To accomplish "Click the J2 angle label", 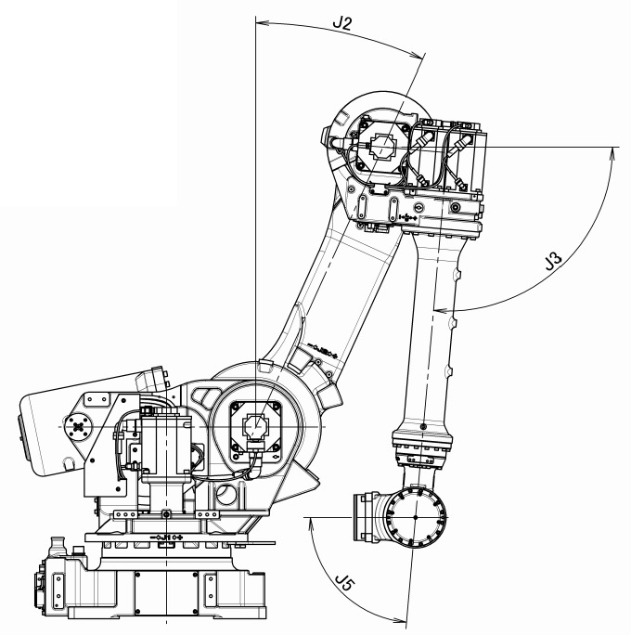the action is tap(342, 23).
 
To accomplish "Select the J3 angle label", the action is tap(553, 261).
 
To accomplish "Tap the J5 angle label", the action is tap(345, 583).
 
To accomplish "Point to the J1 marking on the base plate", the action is tap(166, 537).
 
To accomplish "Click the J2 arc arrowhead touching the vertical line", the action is tap(262, 22).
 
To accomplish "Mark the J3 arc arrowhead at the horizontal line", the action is tap(612, 153).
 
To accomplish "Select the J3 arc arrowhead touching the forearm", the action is tap(441, 310).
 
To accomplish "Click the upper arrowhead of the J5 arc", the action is tap(311, 524).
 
